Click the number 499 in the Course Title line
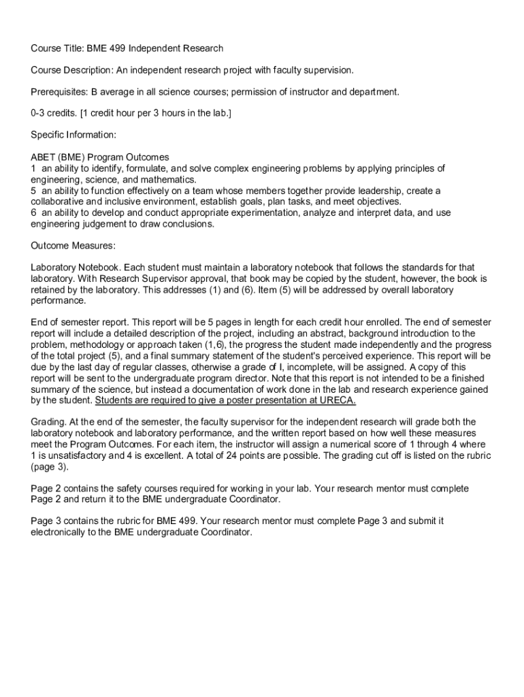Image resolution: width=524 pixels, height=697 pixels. (116, 48)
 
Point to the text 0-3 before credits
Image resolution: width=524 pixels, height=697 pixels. (39, 114)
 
